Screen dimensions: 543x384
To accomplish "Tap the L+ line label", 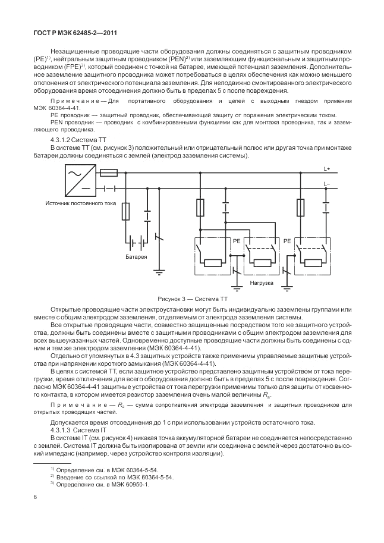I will pyautogui.click(x=327, y=170).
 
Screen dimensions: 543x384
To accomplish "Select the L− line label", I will pyautogui.click(x=327, y=184).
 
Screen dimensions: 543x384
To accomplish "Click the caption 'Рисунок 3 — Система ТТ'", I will pyautogui.click(x=191, y=298).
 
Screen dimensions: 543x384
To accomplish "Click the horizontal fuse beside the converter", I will pyautogui.click(x=109, y=173).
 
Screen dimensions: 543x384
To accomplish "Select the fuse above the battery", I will pyautogui.click(x=125, y=211).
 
